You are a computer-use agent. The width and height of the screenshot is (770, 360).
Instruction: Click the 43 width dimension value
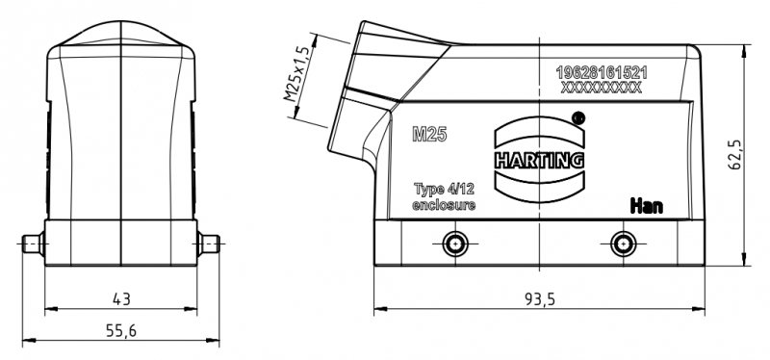tap(121, 298)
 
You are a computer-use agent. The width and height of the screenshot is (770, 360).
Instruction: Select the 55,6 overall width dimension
tap(121, 330)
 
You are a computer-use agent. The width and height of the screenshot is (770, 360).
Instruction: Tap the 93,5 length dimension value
tap(539, 298)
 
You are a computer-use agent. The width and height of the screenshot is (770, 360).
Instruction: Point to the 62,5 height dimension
tap(734, 154)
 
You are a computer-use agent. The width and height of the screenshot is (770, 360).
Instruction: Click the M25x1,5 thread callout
tap(297, 73)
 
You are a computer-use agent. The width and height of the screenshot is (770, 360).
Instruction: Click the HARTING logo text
tap(539, 160)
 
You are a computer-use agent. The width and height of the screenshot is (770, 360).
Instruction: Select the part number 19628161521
tap(601, 73)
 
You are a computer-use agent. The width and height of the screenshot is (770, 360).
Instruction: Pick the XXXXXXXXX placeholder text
tap(601, 88)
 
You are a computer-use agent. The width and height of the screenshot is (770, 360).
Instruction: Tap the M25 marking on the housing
tap(429, 134)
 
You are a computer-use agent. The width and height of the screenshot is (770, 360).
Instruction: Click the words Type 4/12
tap(444, 189)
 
